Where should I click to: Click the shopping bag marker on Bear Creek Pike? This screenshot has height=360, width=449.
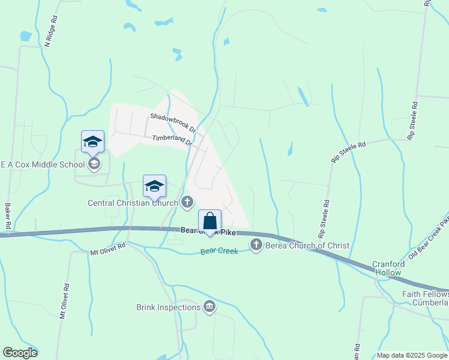tap(209, 221)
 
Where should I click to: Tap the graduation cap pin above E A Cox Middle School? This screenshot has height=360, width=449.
tap(93, 142)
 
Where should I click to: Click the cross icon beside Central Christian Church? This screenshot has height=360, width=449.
tap(187, 202)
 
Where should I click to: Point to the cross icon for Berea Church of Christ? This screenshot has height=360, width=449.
tap(256, 244)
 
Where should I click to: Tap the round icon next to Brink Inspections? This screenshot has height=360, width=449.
tap(209, 307)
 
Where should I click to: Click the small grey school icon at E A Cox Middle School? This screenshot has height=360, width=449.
tap(93, 164)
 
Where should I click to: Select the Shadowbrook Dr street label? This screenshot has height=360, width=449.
tap(173, 122)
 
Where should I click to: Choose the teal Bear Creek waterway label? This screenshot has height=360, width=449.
tap(219, 251)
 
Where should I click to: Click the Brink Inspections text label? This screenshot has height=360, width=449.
tap(168, 307)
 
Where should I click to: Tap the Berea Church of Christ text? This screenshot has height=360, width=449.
tap(307, 245)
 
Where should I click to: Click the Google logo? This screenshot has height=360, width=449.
tap(20, 353)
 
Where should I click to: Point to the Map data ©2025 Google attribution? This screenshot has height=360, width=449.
tap(412, 355)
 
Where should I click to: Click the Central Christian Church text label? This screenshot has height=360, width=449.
tap(133, 203)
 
